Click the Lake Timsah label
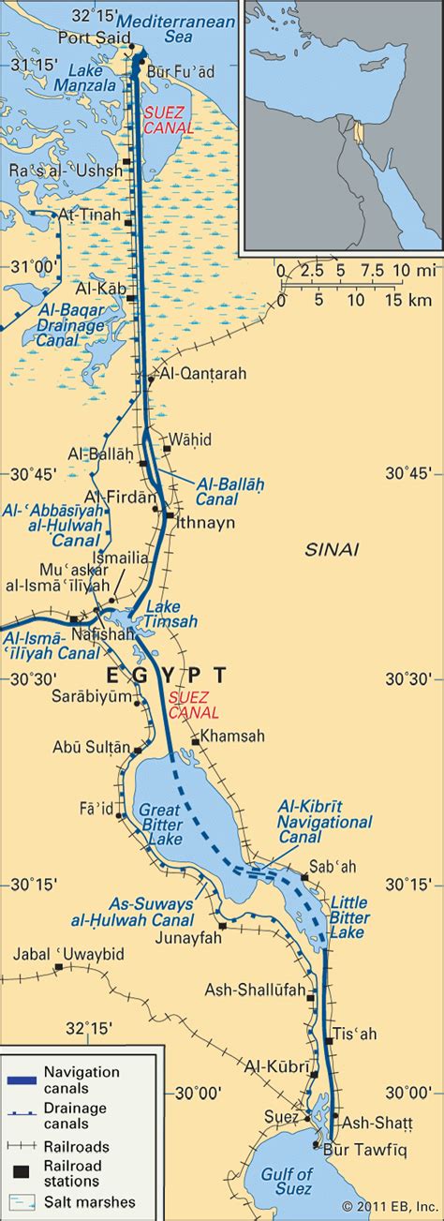170,615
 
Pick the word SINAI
332,550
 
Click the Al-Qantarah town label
203,373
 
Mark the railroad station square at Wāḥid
167,449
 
